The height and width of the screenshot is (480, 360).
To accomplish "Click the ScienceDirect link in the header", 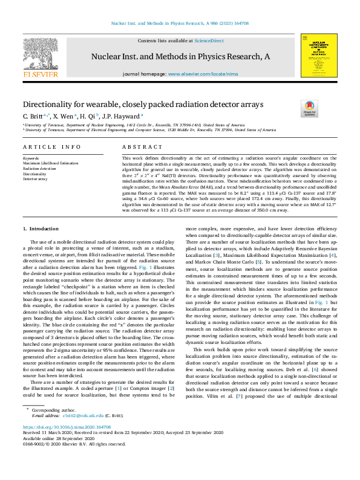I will [x=209, y=40].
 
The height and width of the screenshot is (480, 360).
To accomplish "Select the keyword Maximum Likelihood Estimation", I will [x=50, y=163].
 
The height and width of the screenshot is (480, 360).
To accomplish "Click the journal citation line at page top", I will [x=180, y=24].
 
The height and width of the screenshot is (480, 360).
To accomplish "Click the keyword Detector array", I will [x=35, y=180].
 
